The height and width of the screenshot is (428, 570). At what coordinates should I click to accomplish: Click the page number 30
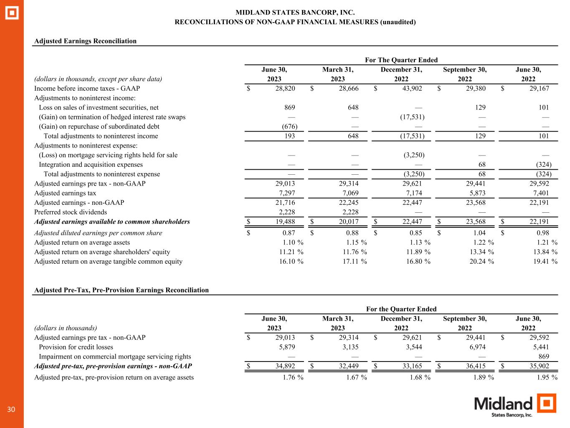coord(11,409)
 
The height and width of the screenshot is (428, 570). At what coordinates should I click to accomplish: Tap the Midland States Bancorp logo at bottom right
coord(515,405)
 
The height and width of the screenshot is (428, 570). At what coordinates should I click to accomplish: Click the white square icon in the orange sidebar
coord(12,13)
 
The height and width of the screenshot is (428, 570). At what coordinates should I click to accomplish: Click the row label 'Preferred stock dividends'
coord(70,212)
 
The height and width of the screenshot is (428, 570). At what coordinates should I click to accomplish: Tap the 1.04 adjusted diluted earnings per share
coord(480,233)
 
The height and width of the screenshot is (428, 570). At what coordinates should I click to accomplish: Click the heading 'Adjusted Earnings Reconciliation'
coord(85,41)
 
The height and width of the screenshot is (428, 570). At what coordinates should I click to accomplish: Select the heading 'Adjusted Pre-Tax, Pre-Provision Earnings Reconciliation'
coord(122,290)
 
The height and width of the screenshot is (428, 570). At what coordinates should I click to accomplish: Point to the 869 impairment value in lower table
coord(543,357)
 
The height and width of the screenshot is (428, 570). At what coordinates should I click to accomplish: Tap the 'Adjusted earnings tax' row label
coord(65,193)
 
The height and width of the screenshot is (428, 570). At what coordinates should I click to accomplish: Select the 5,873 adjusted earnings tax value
coord(477,193)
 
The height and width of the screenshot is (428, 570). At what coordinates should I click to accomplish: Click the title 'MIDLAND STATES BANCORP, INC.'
coord(295,13)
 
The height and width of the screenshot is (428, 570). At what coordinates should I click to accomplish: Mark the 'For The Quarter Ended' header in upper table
coord(401,60)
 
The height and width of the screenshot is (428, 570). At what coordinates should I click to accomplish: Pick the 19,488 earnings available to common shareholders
coord(284,222)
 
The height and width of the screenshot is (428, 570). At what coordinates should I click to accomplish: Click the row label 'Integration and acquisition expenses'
coord(91,165)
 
